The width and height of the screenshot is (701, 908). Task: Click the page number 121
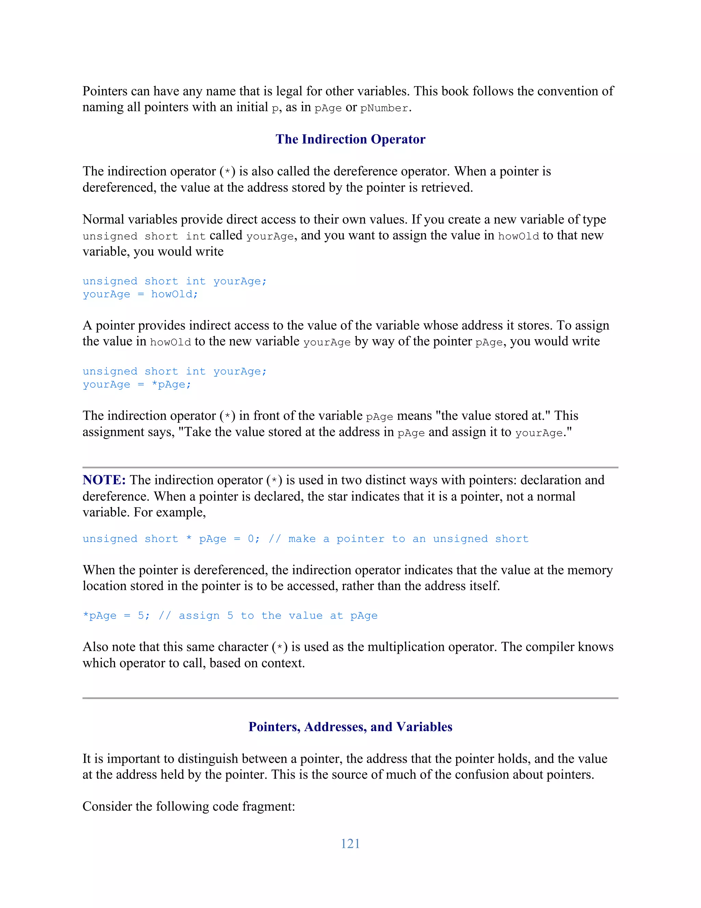[x=350, y=844]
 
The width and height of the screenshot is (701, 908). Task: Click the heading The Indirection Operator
[x=350, y=139]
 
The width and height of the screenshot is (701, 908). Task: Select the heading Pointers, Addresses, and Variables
[x=350, y=727]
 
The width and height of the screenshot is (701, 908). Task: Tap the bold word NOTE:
[x=104, y=480]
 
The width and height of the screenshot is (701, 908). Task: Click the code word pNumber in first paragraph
[x=384, y=108]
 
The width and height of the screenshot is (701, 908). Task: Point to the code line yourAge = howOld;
[x=140, y=294]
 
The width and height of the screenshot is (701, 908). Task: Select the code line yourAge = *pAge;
[x=137, y=384]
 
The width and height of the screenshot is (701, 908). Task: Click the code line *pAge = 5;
[x=116, y=616]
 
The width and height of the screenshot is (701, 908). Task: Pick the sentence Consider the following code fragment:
[x=189, y=807]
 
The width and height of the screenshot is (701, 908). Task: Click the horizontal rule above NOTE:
[x=350, y=468]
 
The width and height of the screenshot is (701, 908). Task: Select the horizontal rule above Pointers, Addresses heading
[x=350, y=698]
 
